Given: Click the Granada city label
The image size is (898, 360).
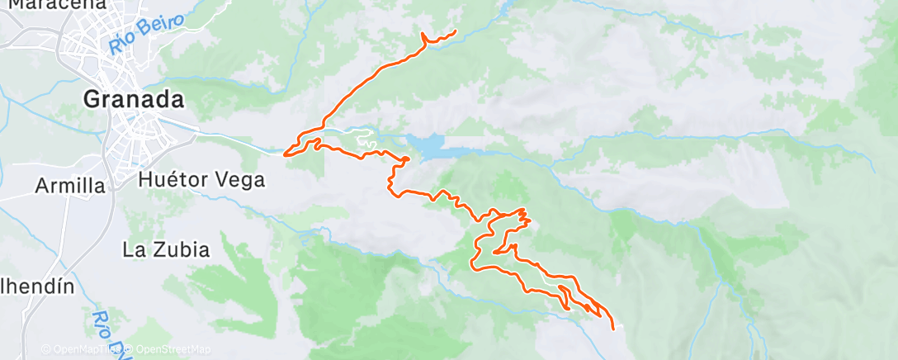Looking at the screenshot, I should [133, 100].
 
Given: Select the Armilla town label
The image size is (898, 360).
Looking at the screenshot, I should [71, 186].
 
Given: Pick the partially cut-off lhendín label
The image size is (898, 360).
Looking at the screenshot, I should [36, 287].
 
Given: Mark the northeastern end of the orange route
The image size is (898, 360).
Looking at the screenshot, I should [456, 31].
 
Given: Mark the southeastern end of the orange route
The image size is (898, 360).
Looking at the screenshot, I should [613, 328].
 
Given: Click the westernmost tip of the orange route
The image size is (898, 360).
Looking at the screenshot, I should [285, 154].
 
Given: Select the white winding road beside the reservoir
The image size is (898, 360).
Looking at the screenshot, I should [363, 140].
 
